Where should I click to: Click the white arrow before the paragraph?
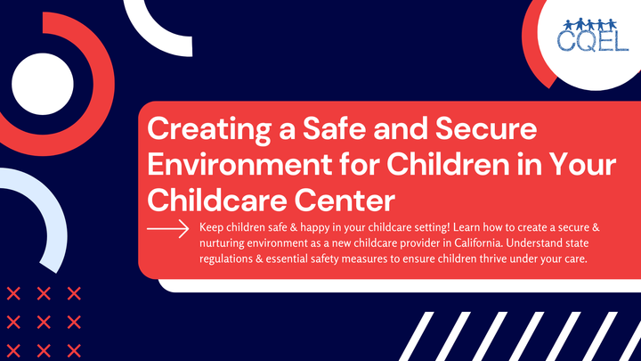[x=168, y=229]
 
